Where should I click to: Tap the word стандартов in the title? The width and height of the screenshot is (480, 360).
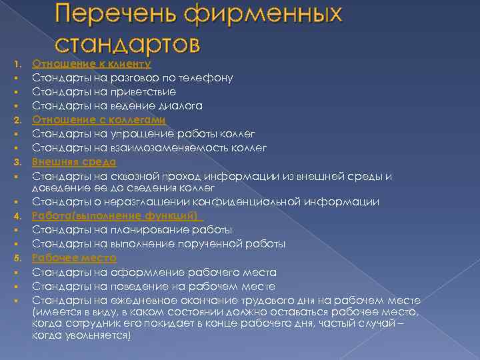(x=127, y=44)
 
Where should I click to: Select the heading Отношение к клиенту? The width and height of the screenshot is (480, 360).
(x=92, y=64)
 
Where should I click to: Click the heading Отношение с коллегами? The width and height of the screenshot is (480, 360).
(x=99, y=120)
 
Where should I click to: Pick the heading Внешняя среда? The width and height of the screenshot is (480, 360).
(x=74, y=162)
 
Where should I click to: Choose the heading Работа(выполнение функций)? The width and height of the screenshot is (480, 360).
(x=117, y=216)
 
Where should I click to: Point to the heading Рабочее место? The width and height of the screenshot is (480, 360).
(x=74, y=258)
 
